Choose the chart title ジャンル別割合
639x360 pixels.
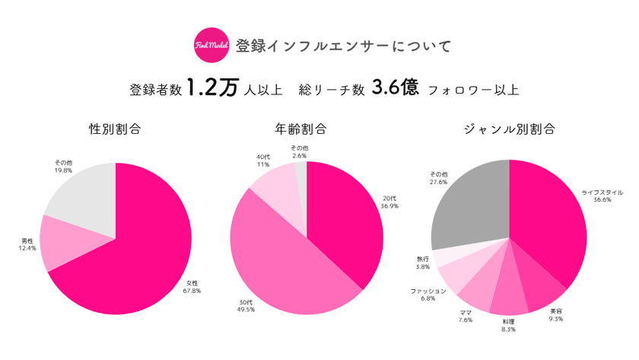(x=509, y=129)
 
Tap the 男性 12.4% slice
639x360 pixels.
(x=65, y=242)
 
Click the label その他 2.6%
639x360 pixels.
(x=300, y=151)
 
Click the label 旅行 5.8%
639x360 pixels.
(x=423, y=263)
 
